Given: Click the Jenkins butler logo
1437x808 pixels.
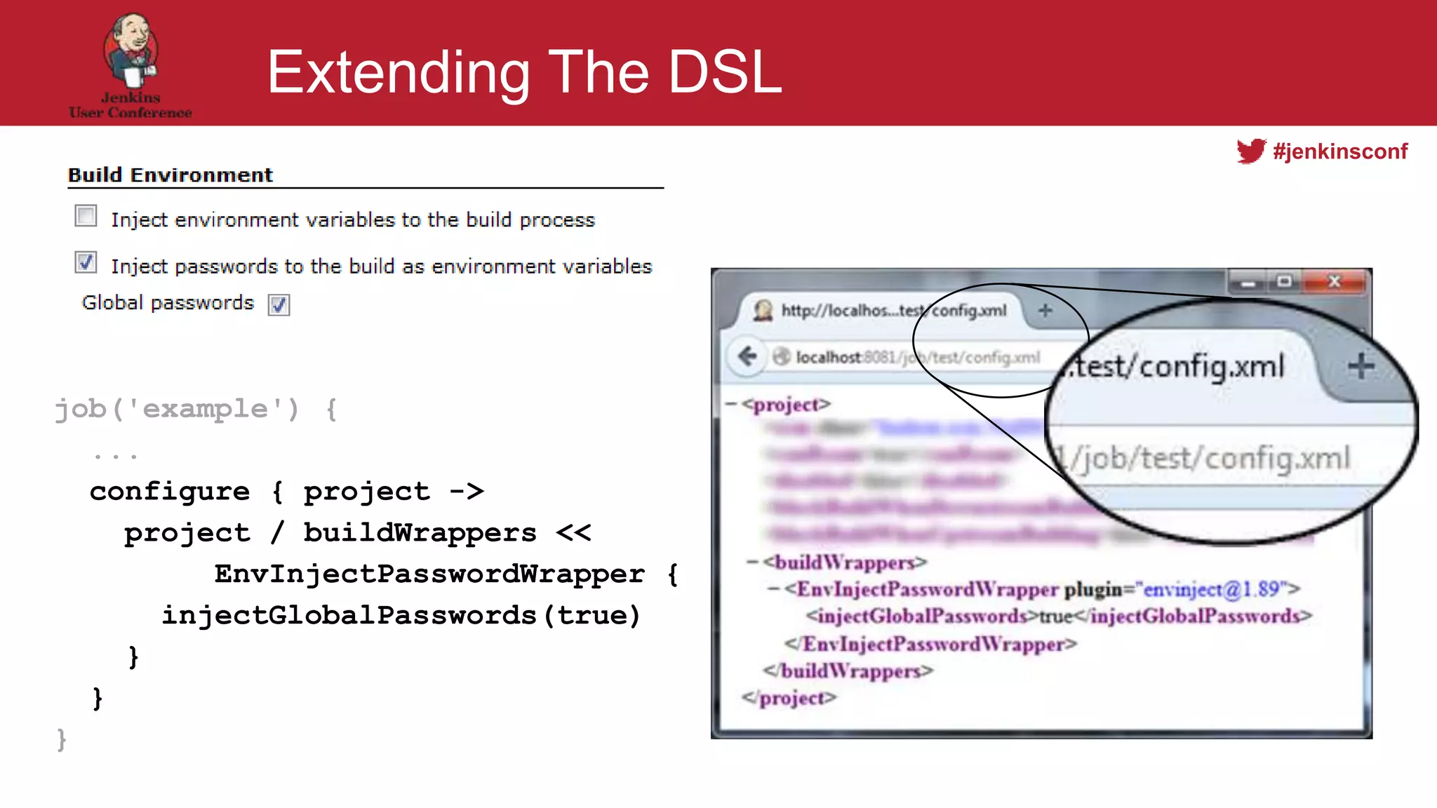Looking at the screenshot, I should [131, 49].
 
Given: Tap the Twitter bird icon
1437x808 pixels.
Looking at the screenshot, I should [1250, 151].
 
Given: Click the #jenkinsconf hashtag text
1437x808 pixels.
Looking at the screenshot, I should [1340, 151].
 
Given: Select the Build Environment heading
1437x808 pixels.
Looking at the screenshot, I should [170, 175].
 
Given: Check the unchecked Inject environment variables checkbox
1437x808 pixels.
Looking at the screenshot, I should [86, 216].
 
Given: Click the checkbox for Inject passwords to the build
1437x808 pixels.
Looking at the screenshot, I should [86, 263].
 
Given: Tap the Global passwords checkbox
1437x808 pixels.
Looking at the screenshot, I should [279, 304].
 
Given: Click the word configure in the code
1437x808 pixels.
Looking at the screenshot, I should [169, 491].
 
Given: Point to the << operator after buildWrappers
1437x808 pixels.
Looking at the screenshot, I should [573, 532].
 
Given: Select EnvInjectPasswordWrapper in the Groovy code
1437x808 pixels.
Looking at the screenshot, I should [429, 574].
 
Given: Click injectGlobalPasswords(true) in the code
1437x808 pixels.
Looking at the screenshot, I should [401, 615].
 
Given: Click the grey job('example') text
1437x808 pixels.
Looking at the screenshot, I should [177, 408].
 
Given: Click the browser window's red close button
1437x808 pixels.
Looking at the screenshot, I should [1335, 282].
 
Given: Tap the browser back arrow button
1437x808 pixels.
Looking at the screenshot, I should [747, 356].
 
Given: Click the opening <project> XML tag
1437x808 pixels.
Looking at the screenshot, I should [787, 405].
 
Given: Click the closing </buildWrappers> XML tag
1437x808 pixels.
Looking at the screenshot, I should [848, 671].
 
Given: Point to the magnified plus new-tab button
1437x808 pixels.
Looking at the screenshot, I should [1361, 366].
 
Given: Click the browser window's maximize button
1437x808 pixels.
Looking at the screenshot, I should [1284, 282].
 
